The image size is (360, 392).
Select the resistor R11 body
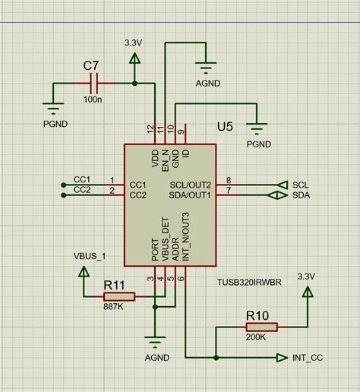pos(119,297)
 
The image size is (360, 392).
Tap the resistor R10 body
pos(261,327)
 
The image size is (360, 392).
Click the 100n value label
pos(93,100)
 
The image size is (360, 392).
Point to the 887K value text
pos(115,308)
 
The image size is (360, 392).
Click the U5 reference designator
pos(226,126)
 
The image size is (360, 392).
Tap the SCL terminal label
pos(301,185)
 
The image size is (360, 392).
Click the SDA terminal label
pos(302,196)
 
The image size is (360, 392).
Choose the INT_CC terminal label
pos(308,357)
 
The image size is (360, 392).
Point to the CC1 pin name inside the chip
pos(138,185)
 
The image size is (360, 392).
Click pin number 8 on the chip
pos(229,180)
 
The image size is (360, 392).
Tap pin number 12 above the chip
pos(150,129)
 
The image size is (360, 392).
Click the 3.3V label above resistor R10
pos(307,276)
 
